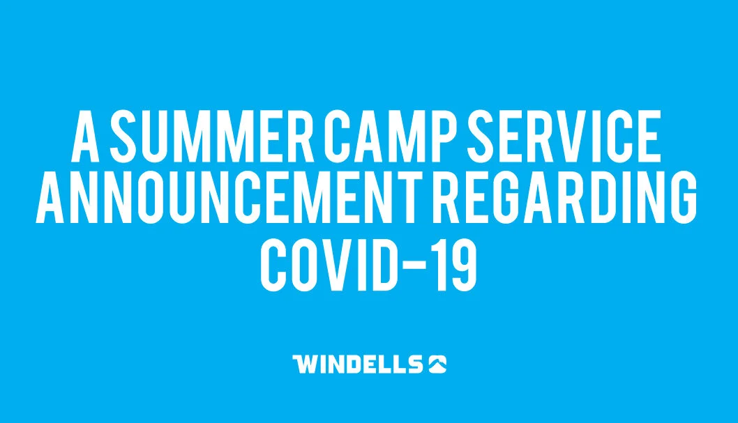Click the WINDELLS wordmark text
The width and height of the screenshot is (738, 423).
[358, 364]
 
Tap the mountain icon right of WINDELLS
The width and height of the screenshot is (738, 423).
[437, 364]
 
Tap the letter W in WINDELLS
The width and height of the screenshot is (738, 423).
[305, 364]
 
